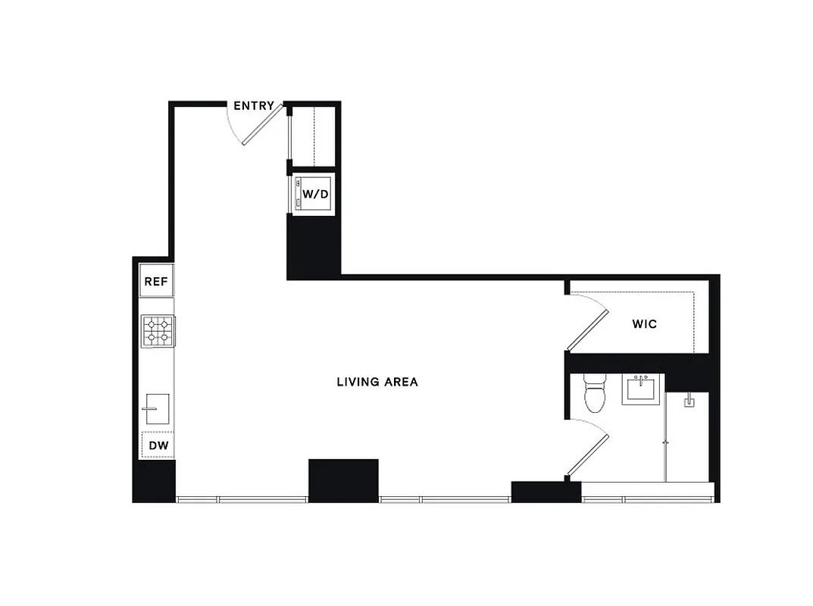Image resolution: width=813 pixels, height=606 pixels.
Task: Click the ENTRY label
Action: click(253, 106)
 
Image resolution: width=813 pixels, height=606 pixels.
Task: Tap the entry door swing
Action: click(261, 124)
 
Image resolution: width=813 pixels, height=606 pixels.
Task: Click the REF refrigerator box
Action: click(156, 281)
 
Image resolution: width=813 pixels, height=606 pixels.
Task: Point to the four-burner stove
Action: click(158, 330)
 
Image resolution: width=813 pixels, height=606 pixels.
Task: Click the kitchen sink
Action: click(157, 410)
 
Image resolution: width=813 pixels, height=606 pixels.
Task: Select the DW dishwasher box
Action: click(158, 445)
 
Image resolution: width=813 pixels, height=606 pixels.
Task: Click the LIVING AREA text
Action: click(377, 382)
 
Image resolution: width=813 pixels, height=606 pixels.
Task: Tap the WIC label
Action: click(644, 324)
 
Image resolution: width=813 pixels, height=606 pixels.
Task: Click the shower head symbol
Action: click(689, 401)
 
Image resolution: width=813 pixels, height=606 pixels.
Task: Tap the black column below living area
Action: click(343, 480)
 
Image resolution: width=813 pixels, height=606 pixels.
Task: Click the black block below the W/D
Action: click(314, 248)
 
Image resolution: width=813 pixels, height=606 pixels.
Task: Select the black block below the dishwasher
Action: click(154, 480)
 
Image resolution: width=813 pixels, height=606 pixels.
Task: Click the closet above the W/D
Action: click(313, 136)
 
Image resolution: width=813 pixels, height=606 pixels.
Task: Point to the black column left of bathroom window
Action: click(546, 492)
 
